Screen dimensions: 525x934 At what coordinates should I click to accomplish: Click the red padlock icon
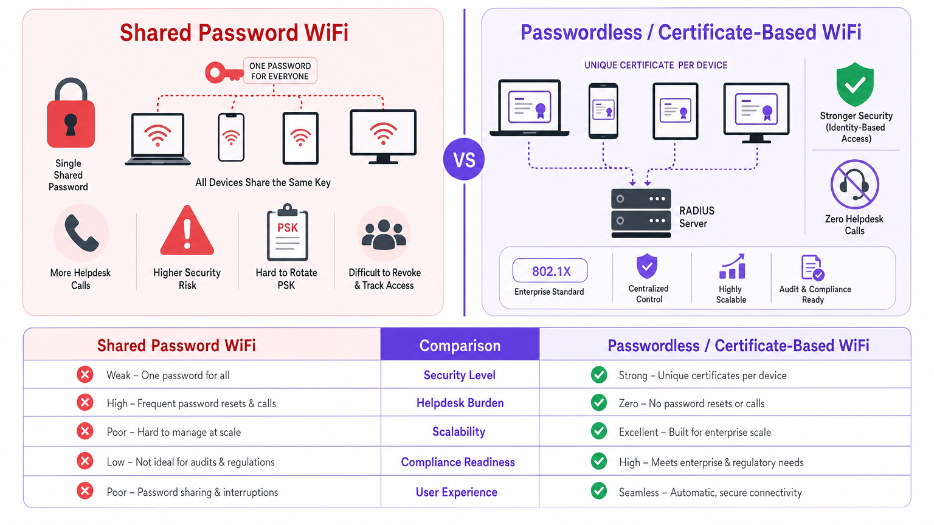click(x=71, y=115)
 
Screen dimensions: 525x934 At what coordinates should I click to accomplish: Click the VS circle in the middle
click(x=464, y=160)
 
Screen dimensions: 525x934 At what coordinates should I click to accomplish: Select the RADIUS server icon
click(x=641, y=211)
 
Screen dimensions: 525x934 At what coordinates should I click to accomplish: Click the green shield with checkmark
click(x=855, y=84)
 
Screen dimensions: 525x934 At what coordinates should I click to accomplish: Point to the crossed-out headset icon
click(x=854, y=185)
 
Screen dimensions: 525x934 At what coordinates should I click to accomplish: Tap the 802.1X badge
click(x=550, y=271)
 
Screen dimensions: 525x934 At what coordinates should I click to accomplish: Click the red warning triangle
click(x=187, y=232)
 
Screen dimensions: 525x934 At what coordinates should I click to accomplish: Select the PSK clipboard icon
click(x=288, y=234)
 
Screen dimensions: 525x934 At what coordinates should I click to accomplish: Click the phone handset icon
click(x=81, y=233)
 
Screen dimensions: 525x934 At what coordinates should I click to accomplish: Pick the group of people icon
click(x=384, y=235)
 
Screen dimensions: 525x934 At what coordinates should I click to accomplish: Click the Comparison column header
click(x=460, y=345)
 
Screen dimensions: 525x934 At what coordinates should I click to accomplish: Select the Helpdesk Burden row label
click(x=460, y=403)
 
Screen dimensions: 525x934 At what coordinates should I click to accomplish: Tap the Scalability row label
click(x=458, y=432)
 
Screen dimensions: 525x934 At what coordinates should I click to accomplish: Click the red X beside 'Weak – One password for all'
click(x=85, y=375)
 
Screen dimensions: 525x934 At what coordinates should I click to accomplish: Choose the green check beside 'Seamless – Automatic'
click(x=599, y=491)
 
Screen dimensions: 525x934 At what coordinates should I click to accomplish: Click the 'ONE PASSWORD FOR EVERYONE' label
click(x=280, y=71)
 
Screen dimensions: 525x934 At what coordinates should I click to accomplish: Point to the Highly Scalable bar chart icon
click(x=732, y=267)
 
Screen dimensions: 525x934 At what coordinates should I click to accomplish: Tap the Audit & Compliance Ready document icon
click(x=812, y=267)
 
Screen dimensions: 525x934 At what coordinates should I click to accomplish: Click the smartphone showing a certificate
click(x=603, y=111)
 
